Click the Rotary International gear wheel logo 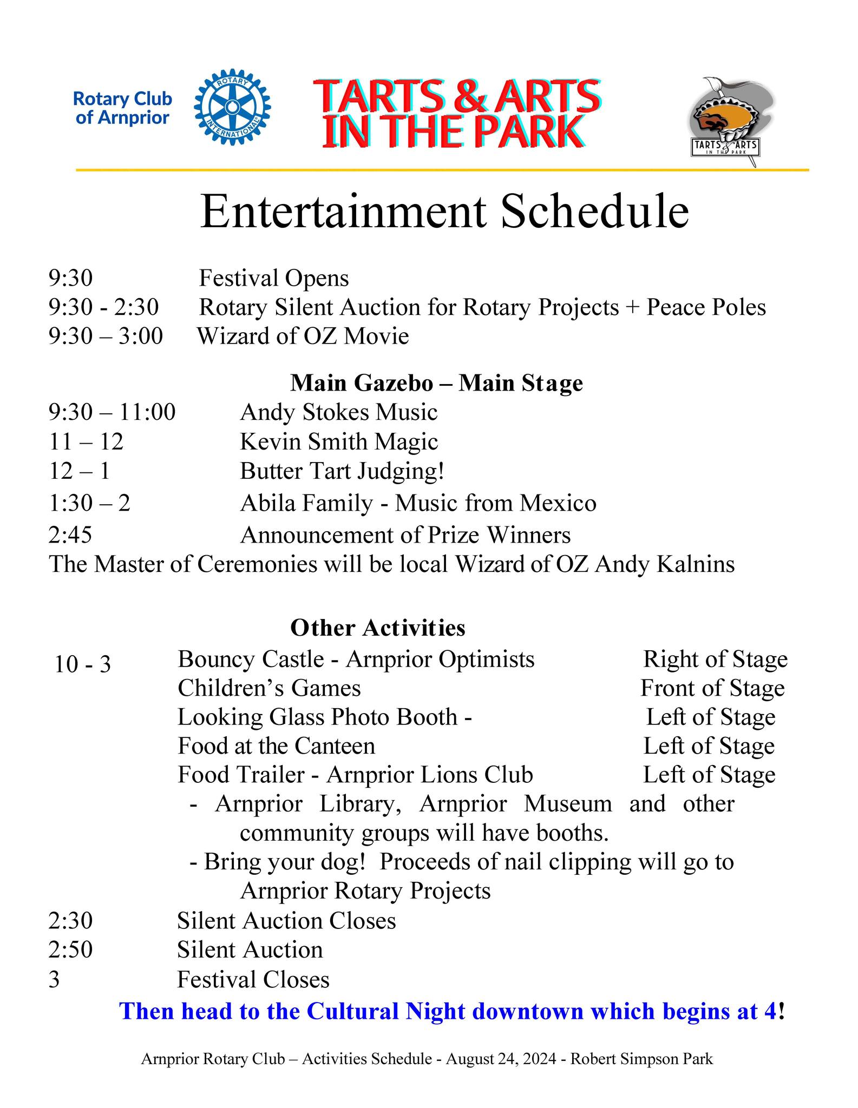(232, 107)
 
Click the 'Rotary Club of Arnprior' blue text (122, 108)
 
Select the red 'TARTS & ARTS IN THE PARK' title (456, 114)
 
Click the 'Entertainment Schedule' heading (444, 212)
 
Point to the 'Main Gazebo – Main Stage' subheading (436, 383)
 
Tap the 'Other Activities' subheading (378, 628)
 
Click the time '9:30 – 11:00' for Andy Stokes (112, 412)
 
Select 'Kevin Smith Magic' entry (339, 441)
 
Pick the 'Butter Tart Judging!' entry (342, 471)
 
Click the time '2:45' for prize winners (70, 535)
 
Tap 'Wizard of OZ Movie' (303, 337)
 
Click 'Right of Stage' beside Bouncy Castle (715, 659)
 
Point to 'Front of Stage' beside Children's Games (712, 688)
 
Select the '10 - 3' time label (82, 664)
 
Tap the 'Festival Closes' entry (253, 980)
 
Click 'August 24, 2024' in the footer (501, 1059)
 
